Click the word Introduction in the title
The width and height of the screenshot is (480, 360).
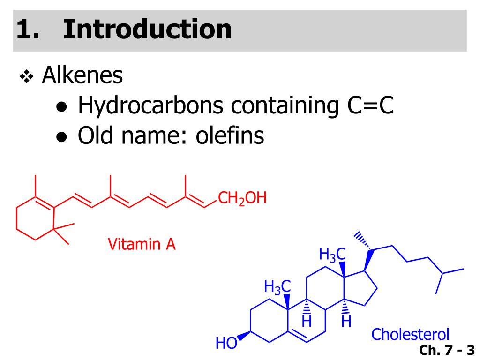(148, 29)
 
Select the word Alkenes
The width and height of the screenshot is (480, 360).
(82, 75)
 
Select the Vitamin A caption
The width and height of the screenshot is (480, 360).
(142, 244)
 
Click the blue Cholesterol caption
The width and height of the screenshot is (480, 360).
(410, 334)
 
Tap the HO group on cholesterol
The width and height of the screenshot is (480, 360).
(225, 344)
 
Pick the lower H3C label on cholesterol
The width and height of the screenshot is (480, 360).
(277, 286)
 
